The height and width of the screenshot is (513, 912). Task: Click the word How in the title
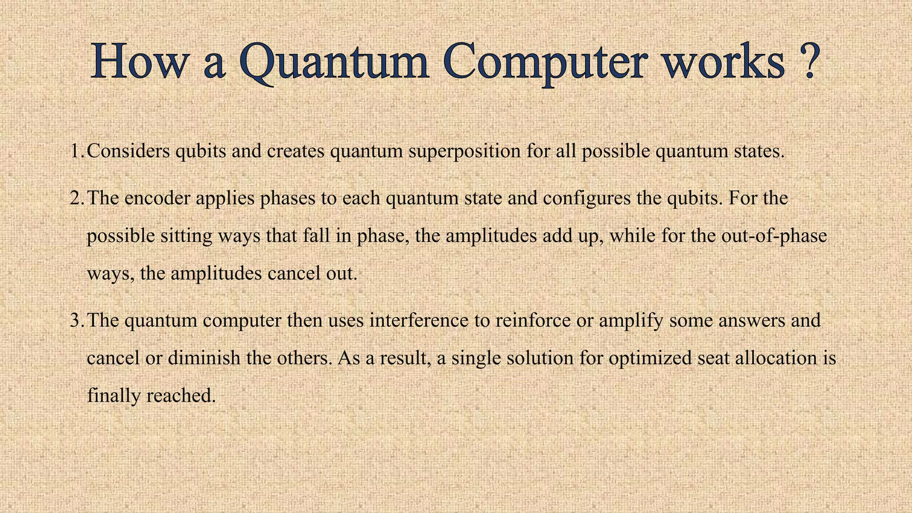[138, 62]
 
